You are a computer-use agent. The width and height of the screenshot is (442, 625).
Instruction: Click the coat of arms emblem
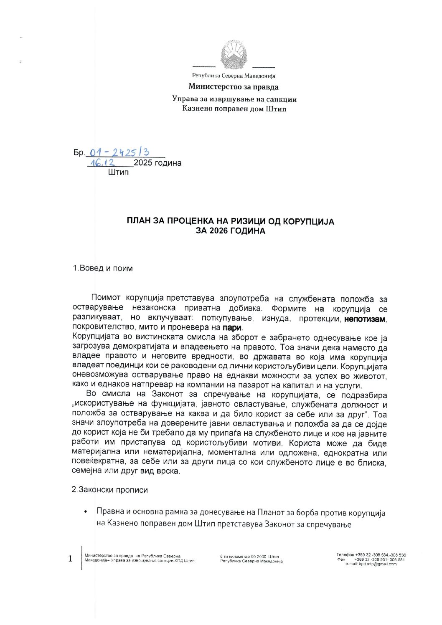coord(234,54)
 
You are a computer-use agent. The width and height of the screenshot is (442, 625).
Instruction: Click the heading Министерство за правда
coord(233,87)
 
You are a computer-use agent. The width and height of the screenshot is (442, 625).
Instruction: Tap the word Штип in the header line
coord(276,109)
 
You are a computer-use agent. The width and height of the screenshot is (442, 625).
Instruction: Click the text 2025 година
coord(157,163)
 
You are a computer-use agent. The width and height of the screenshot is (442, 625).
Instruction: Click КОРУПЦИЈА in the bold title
coord(308,222)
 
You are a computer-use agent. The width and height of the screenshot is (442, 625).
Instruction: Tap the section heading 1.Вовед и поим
coord(103,268)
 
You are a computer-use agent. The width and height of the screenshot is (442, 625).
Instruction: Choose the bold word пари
coord(232,328)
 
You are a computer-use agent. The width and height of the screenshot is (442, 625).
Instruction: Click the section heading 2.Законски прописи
coord(109,490)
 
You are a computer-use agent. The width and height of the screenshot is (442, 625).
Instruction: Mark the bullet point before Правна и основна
coord(86,512)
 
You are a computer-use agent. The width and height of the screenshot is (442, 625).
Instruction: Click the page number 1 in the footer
coord(70,559)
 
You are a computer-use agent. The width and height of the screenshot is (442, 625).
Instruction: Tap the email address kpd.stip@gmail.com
coord(377,564)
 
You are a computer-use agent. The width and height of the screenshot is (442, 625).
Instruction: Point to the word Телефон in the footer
coord(345,555)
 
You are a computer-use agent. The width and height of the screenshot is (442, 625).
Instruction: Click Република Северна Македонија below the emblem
coord(234,76)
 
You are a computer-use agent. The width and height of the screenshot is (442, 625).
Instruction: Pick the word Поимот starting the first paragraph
coord(106,298)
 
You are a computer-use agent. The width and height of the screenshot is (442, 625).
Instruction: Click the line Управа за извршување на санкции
coord(234,99)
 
